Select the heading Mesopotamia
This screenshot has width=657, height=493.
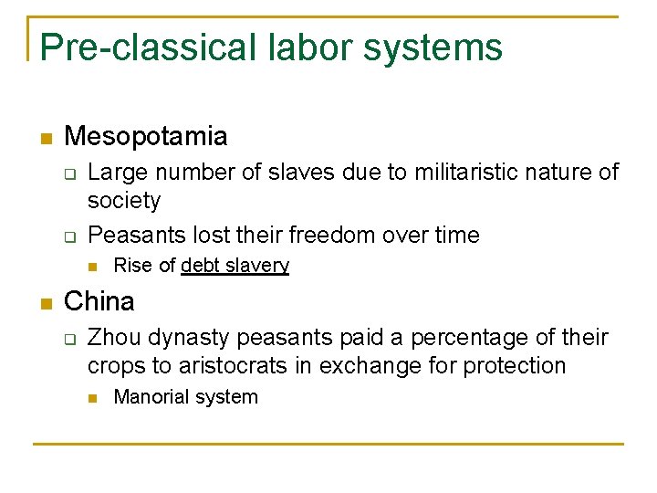[146, 137]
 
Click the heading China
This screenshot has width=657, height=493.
[99, 301]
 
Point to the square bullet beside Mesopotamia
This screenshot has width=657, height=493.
[46, 139]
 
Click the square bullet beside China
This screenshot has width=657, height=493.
[46, 303]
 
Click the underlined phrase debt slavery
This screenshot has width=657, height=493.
[235, 266]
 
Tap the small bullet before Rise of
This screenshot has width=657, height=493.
[93, 267]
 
